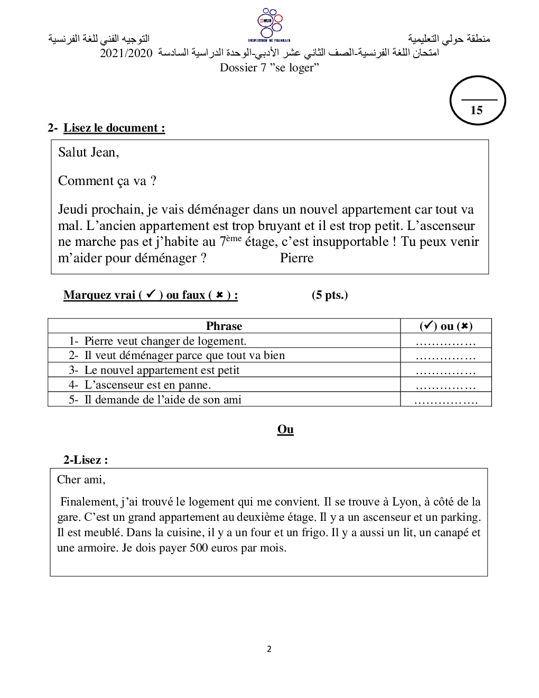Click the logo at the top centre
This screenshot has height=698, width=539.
[269, 24]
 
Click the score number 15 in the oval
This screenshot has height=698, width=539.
[477, 110]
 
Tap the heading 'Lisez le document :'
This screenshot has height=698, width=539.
[114, 128]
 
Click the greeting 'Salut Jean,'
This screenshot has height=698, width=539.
[89, 152]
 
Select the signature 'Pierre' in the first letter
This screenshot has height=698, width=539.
[296, 258]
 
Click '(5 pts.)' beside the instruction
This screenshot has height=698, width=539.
[330, 295]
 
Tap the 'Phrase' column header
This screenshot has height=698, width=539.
[224, 326]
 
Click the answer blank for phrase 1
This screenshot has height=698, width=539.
[445, 341]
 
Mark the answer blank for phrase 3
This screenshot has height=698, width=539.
[445, 371]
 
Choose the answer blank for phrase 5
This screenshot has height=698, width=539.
[445, 400]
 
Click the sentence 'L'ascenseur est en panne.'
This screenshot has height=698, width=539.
[147, 385]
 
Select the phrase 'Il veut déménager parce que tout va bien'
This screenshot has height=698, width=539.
[184, 355]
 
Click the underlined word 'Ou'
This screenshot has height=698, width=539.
[285, 429]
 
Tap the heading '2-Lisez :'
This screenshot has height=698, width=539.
[86, 460]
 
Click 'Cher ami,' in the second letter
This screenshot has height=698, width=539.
[81, 480]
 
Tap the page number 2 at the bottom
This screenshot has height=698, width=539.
[269, 649]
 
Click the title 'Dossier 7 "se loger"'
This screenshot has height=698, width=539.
[269, 68]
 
